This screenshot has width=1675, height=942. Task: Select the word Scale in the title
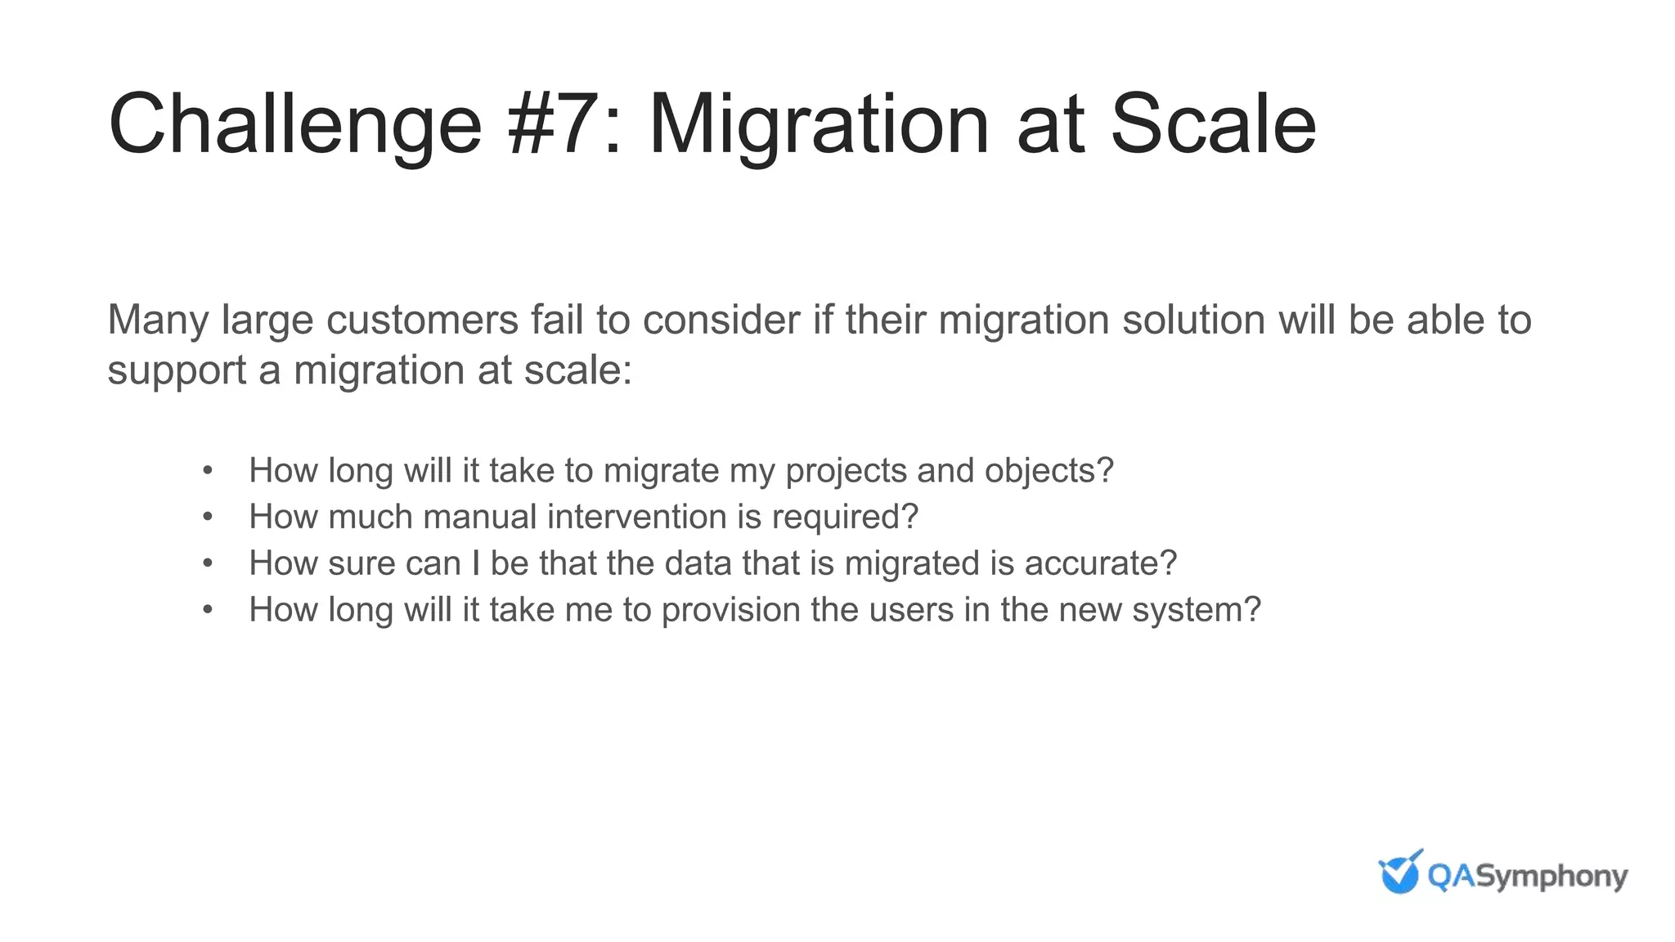click(1213, 124)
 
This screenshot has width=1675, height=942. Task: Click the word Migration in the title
click(818, 124)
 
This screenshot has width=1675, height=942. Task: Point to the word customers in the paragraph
click(422, 320)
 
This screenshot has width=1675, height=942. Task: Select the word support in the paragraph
click(177, 370)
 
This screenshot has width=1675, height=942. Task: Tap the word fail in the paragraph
click(556, 320)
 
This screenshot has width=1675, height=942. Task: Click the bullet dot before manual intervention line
click(208, 517)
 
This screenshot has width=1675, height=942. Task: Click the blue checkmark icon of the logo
click(1400, 873)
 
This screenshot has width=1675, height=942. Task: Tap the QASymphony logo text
click(1527, 877)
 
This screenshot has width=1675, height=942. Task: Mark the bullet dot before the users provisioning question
click(208, 610)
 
